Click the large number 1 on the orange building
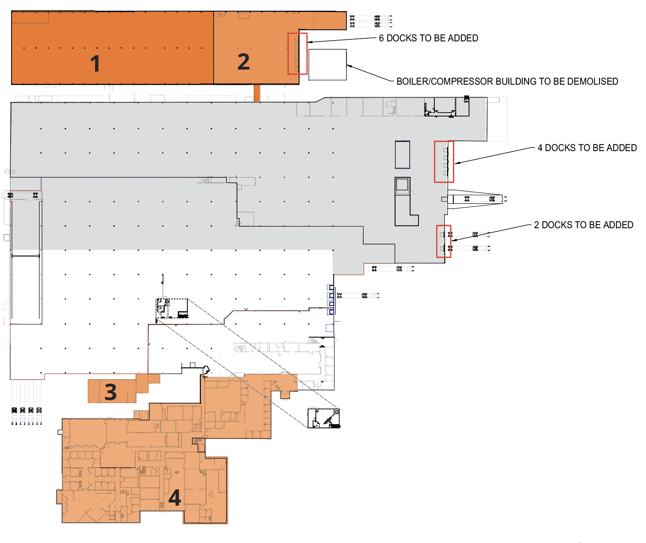95,64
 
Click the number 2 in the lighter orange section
243,62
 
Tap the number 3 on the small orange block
111,392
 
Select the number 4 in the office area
175,498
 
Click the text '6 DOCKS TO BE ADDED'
428,38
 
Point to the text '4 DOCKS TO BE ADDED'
587,148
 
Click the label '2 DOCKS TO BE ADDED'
583,225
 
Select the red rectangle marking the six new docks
298,54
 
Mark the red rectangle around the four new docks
444,162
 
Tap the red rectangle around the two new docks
444,241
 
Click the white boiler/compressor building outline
327,65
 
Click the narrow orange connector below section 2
257,93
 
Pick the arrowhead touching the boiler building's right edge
349,66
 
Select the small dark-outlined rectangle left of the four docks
402,155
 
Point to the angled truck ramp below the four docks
475,199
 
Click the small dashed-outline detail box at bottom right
324,418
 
